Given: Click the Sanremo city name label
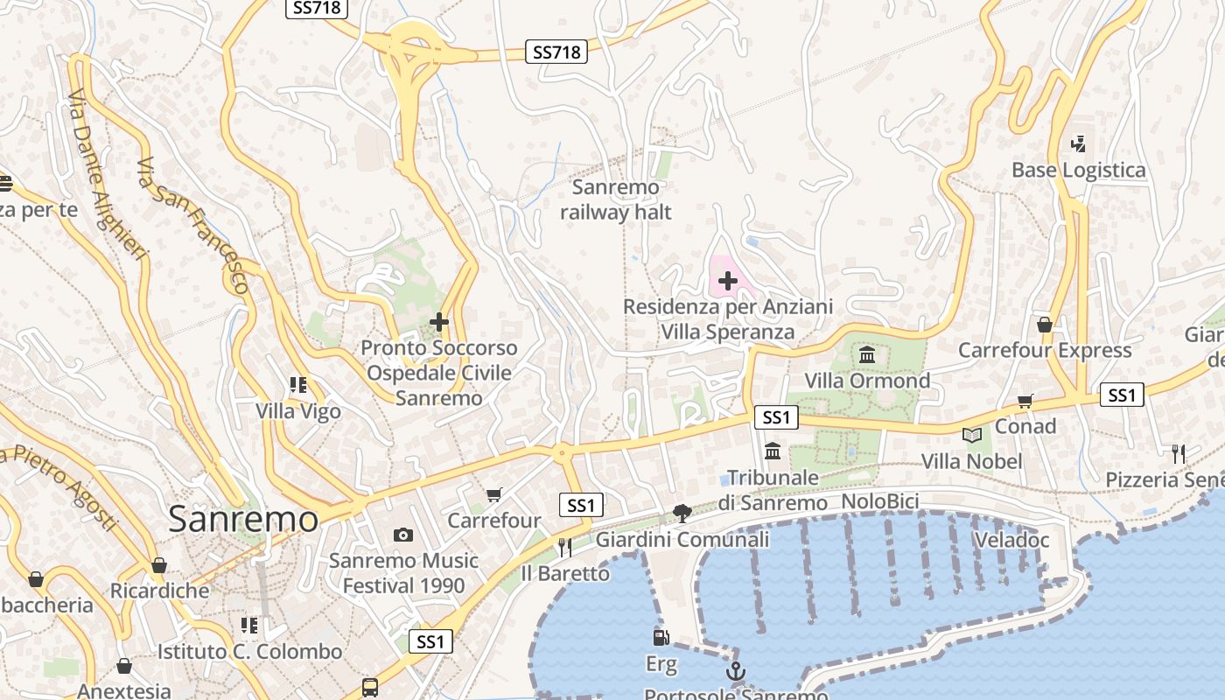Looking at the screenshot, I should point(243,519).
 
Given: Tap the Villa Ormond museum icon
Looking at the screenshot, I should point(867,354).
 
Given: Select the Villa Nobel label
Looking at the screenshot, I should point(971,461).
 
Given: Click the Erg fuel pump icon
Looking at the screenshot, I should point(661,638).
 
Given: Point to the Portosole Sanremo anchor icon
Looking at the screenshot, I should point(736,672).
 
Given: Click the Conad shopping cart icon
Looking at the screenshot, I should point(1025,401).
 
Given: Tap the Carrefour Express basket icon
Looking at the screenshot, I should point(1044,325).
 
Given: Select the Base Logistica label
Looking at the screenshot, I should point(1078,170).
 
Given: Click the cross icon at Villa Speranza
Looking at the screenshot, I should point(727,282).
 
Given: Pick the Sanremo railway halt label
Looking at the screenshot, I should point(616,199).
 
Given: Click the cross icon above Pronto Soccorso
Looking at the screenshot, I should point(439,322).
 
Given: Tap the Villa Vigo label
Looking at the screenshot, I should point(298,411).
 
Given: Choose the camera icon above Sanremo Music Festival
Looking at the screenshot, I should point(403,535).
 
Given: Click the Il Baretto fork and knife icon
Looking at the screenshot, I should point(564,548).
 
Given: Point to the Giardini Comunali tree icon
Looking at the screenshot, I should point(682,514).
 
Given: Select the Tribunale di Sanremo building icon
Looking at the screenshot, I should point(773,451).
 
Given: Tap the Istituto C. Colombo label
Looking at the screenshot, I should point(249,652).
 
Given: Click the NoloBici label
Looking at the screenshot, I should point(879,501).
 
